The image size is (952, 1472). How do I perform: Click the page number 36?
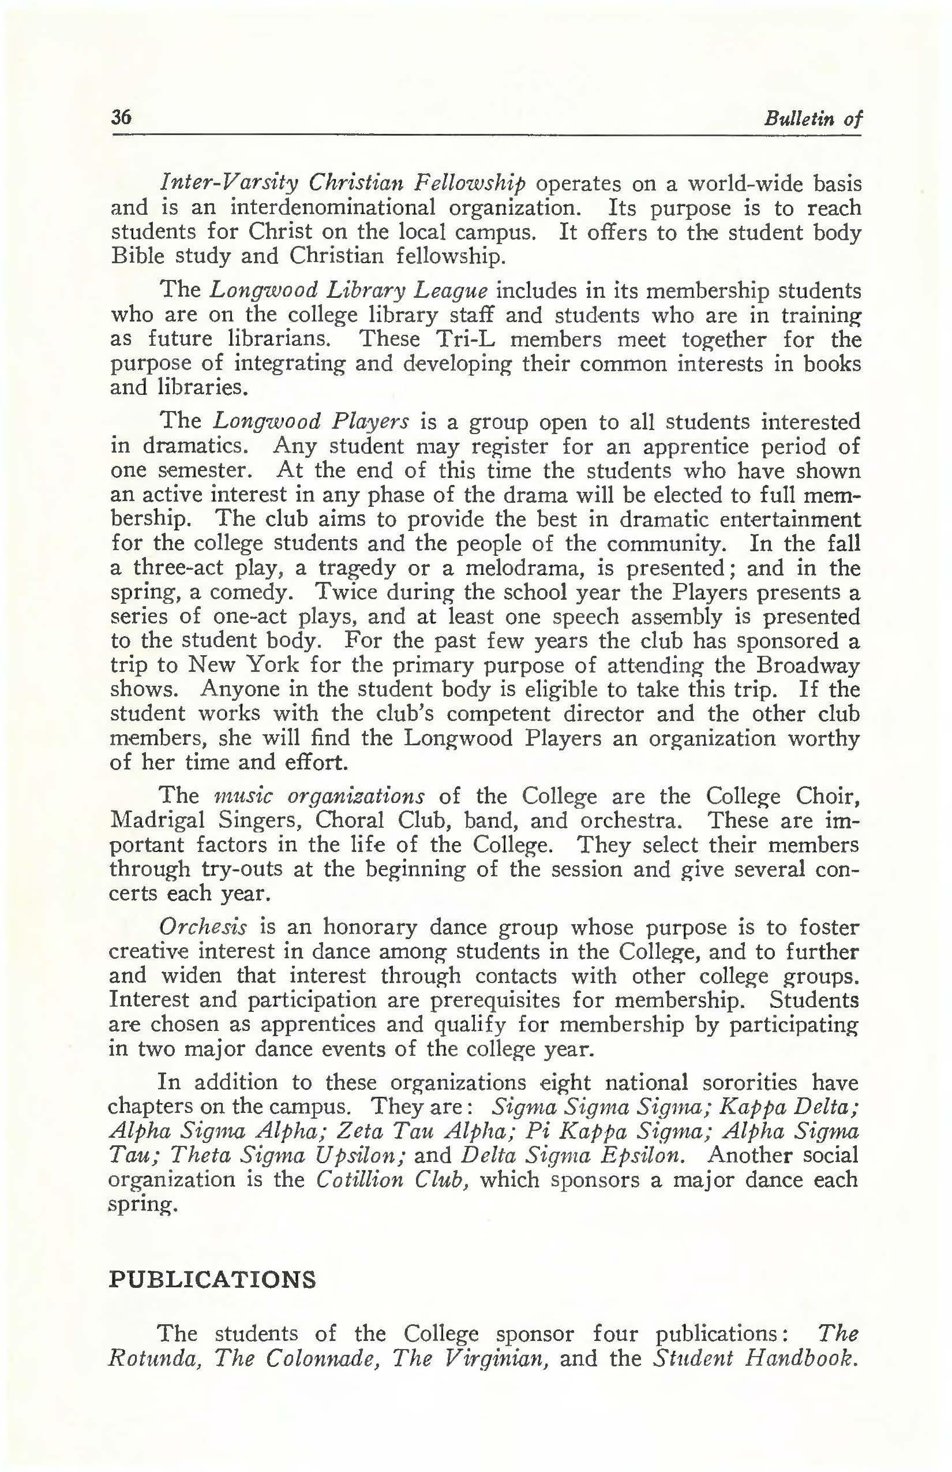121,117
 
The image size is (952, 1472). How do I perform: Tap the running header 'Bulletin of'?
812,118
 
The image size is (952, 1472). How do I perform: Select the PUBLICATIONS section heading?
212,1279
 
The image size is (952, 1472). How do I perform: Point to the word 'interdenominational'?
332,207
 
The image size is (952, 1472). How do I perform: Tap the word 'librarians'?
282,339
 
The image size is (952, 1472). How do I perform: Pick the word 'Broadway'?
808,665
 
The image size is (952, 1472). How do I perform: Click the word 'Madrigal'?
157,820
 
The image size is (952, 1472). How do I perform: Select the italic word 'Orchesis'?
203,928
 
